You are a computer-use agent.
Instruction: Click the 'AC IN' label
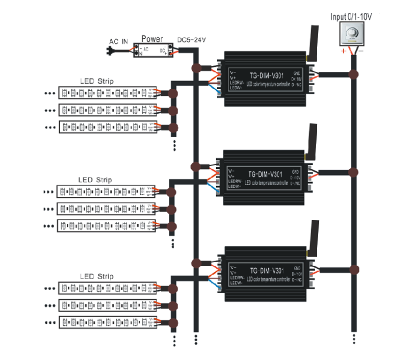[119, 42]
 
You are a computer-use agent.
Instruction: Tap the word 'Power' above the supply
[152, 39]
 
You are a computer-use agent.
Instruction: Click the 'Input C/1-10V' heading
[351, 17]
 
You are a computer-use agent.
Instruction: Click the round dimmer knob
[352, 35]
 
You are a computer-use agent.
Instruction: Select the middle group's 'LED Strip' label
[95, 180]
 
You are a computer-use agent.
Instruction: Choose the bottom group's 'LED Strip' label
[97, 276]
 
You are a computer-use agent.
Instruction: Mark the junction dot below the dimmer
[353, 74]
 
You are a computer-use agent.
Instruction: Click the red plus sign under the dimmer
[344, 51]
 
